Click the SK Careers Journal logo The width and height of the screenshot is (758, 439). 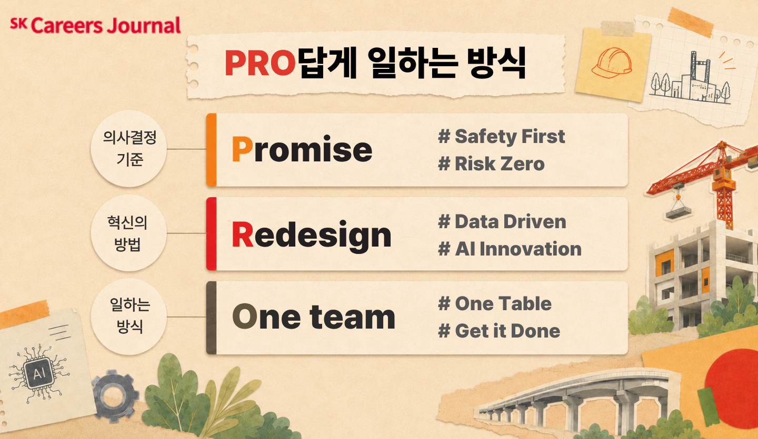95,26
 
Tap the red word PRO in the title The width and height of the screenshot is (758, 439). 261,63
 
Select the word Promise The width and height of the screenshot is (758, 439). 302,149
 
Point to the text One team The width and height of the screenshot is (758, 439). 314,317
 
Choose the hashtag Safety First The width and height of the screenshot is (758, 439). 502,137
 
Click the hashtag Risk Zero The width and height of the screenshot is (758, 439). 491,164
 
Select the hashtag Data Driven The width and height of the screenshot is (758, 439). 502,222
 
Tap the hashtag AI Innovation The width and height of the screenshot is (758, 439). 510,249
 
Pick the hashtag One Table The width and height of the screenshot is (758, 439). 495,303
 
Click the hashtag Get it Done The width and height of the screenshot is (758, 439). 499,331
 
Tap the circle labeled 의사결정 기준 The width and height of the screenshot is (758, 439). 129,149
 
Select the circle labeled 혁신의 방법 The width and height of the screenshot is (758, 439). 129,233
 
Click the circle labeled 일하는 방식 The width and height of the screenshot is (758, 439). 129,317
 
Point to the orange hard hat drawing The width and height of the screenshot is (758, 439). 612,63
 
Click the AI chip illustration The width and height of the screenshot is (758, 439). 39,373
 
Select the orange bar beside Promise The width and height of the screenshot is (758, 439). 211,150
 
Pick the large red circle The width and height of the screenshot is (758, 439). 734,389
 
